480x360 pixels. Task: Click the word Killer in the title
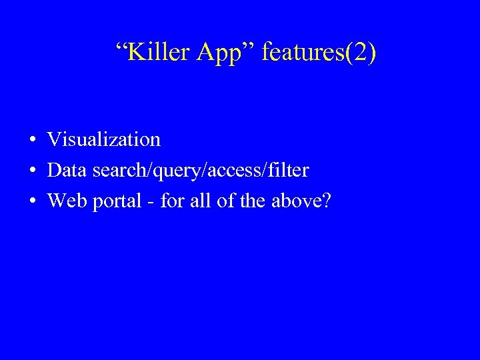157,52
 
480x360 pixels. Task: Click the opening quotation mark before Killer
121,47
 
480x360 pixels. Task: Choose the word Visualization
104,139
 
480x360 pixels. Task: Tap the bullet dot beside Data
32,171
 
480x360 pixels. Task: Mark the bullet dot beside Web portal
32,201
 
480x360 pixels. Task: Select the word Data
67,171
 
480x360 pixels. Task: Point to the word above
295,200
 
